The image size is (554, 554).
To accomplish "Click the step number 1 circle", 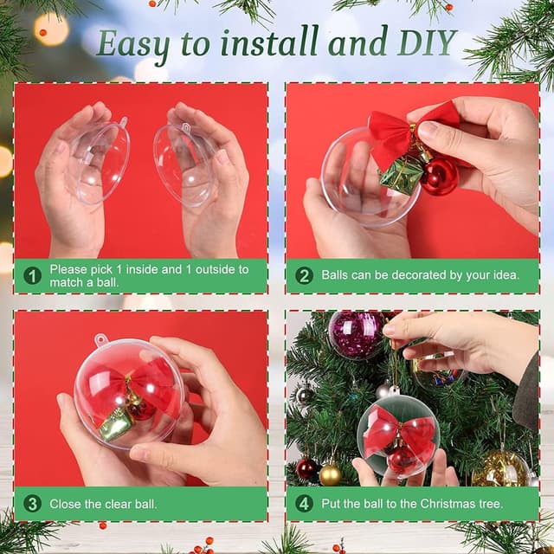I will click(33, 276).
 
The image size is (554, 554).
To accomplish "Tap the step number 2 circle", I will click(304, 276).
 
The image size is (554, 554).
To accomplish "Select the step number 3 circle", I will click(33, 503).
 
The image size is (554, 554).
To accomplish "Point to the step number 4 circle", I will click(304, 503).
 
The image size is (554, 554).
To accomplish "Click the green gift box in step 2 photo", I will click(402, 175).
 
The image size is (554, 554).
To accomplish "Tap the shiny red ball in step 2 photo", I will click(439, 175).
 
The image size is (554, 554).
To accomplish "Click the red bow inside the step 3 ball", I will click(132, 385).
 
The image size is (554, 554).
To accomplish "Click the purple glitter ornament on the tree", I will click(355, 334).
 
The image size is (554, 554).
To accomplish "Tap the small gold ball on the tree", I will click(330, 473).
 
